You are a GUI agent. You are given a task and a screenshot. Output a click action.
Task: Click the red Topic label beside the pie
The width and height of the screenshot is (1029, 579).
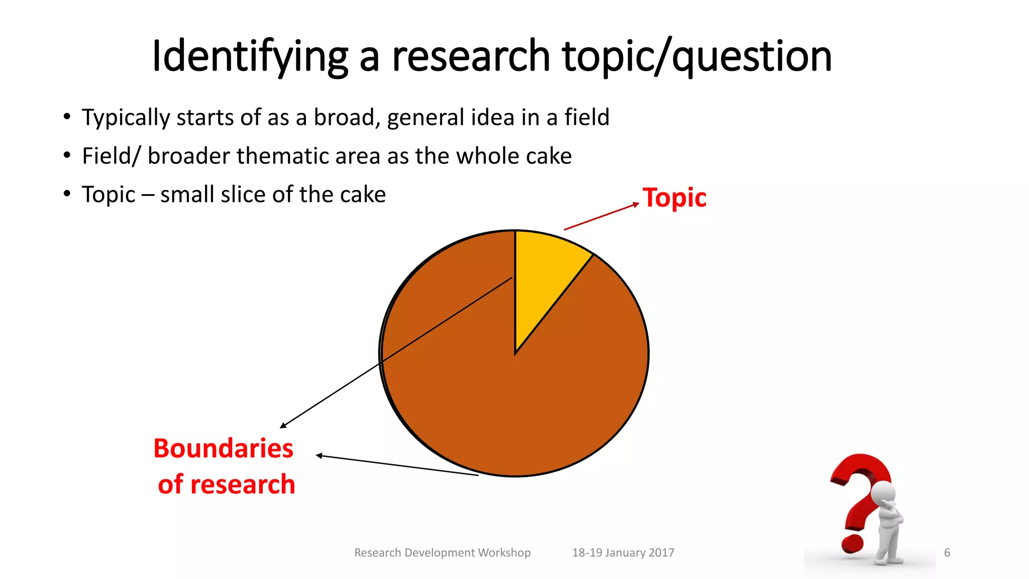[674, 198]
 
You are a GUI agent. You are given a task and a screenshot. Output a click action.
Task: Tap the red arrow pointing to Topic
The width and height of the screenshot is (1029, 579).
[601, 217]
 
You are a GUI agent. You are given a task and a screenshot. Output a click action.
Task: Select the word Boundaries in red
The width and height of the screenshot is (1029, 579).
[223, 448]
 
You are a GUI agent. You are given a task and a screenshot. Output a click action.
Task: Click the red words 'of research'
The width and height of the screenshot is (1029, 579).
[226, 485]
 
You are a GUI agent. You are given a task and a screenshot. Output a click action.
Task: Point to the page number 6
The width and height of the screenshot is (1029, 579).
[947, 553]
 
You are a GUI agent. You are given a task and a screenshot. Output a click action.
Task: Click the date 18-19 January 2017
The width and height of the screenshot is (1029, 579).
[623, 553]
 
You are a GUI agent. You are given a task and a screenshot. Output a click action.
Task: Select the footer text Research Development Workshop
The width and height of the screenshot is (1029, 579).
[442, 553]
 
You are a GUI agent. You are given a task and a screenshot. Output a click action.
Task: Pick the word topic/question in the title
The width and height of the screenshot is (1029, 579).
[696, 56]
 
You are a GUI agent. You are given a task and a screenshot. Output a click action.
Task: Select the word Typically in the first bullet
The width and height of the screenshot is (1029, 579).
[126, 118]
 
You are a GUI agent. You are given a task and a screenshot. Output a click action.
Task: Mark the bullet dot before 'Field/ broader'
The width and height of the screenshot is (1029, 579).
[67, 156]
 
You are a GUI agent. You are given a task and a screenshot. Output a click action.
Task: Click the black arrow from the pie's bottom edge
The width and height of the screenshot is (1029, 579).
[397, 465]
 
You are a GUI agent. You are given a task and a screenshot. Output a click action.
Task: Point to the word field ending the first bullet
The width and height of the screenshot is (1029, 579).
[586, 118]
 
